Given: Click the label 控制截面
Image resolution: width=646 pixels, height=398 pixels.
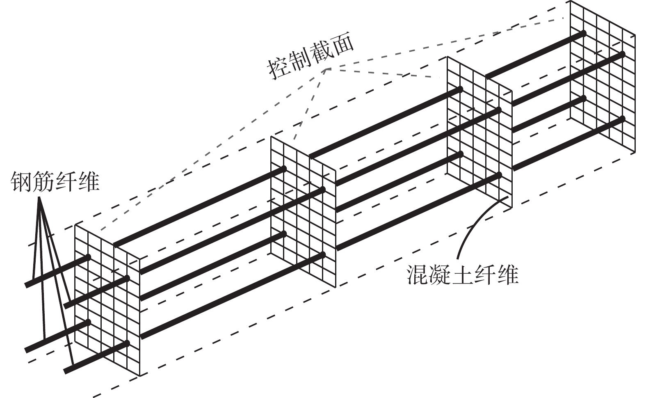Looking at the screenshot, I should click(310, 60).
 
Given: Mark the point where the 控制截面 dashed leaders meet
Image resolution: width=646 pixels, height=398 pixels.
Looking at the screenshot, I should click(328, 68).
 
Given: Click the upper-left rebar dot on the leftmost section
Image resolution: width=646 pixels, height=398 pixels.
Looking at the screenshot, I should click(88, 257).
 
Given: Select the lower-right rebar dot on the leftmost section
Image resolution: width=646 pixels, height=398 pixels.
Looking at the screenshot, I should click(128, 343).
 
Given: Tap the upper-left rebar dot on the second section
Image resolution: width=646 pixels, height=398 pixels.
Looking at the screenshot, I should click(283, 169).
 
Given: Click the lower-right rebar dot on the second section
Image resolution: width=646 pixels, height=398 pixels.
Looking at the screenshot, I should click(323, 255).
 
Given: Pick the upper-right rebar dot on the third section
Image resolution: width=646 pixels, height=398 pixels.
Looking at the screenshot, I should click(499, 110).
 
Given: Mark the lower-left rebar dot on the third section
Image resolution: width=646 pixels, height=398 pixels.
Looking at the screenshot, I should click(460, 154).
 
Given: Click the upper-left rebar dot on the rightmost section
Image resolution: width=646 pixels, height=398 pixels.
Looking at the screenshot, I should click(583, 33).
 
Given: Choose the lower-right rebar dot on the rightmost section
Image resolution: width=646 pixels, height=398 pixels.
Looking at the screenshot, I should click(623, 119).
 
